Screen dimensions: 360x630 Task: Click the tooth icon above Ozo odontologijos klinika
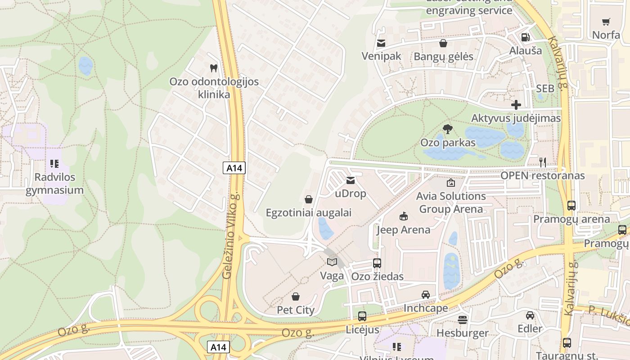coord(214,68)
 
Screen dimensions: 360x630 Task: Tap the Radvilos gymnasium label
coord(54,184)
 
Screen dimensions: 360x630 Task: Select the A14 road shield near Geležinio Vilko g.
coord(234,168)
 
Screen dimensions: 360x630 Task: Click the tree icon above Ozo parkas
coord(447,130)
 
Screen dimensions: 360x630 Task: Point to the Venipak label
coord(382,56)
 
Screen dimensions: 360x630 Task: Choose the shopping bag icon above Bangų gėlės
coord(443,43)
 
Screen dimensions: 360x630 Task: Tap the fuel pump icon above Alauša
coord(525,37)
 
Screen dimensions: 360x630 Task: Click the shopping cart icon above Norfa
coord(606,22)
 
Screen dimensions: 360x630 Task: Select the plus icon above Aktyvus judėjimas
coord(516,105)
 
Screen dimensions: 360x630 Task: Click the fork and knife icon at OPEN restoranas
coord(543,162)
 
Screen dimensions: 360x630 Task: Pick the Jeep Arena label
coord(403,230)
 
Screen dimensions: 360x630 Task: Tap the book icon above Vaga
coord(332,262)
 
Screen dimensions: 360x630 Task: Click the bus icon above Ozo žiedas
coord(377,263)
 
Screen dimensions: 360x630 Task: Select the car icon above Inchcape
coord(425,295)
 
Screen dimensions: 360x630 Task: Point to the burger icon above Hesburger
coord(462,320)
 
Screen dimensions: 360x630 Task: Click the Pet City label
coord(296,310)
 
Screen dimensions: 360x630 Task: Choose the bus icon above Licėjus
coord(362,316)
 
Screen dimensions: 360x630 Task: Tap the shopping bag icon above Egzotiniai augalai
coord(309,199)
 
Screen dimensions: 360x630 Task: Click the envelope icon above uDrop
coord(351,180)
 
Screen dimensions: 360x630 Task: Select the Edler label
coord(530,329)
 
